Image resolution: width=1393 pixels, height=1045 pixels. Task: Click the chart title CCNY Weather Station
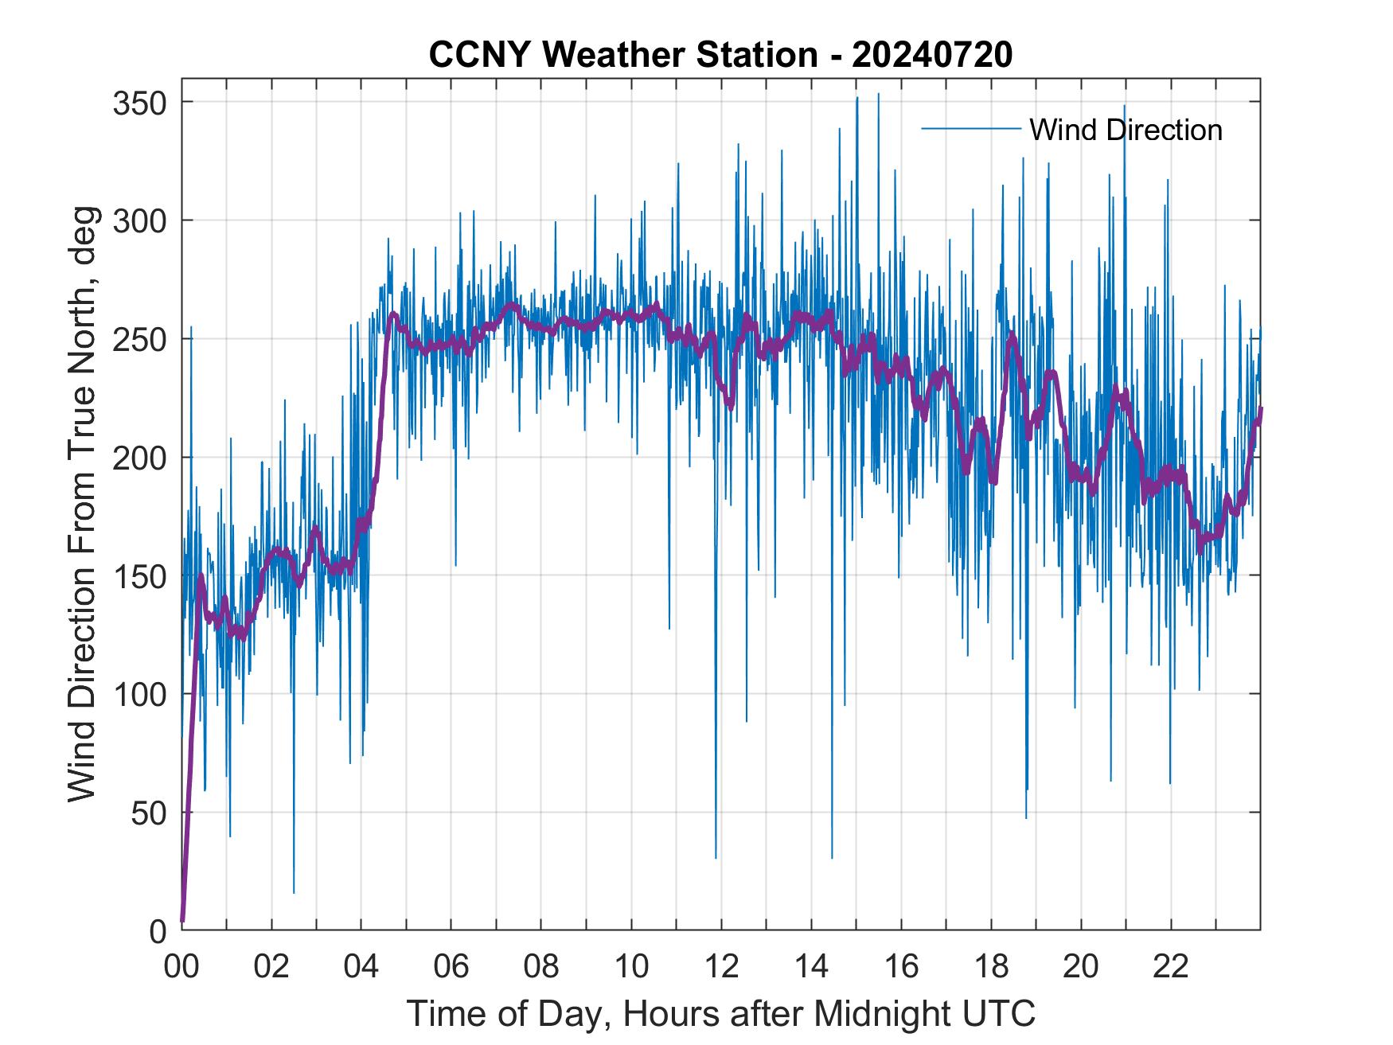(x=622, y=55)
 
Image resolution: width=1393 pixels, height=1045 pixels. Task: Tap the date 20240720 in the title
(x=932, y=55)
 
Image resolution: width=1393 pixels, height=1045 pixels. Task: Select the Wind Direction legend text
(x=1126, y=130)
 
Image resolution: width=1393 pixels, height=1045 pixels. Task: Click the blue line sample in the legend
(x=970, y=129)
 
